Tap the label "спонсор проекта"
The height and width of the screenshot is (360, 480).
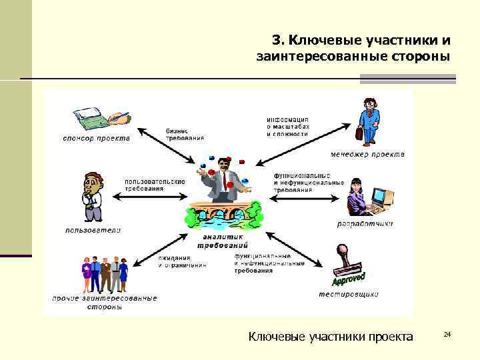click(x=97, y=139)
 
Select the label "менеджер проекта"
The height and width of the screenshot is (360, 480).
click(x=371, y=155)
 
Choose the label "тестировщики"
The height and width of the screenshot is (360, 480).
click(x=349, y=293)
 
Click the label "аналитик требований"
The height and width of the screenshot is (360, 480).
click(x=223, y=241)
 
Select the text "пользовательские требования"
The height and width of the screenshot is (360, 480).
click(x=155, y=185)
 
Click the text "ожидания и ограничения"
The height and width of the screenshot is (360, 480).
click(x=182, y=261)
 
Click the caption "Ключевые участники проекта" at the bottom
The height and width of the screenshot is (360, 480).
click(x=331, y=336)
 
